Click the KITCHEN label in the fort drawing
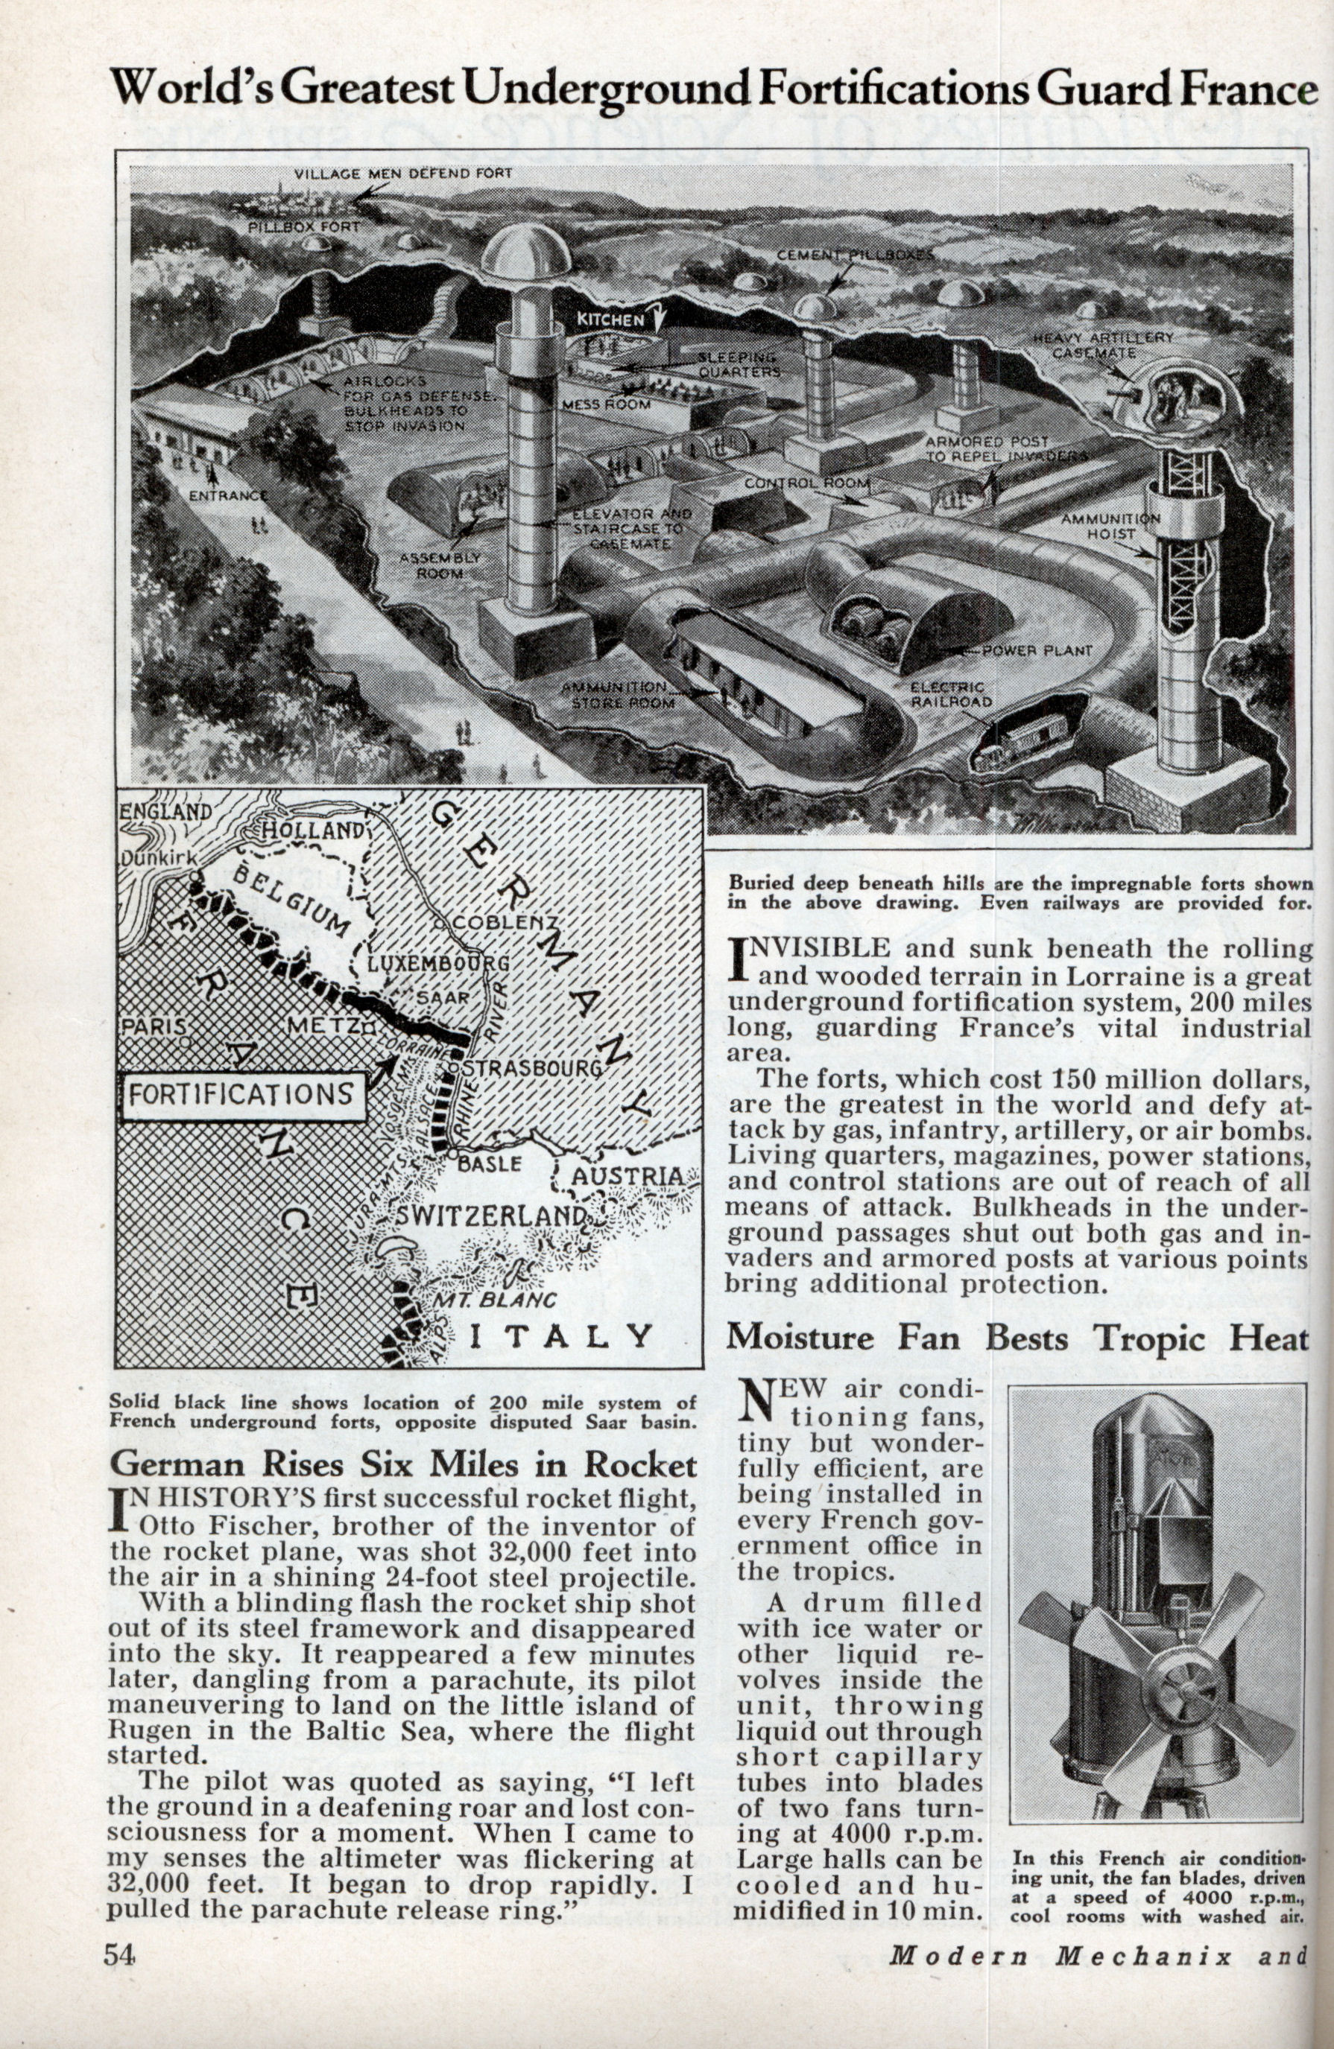click(x=610, y=320)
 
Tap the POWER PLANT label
click(x=1037, y=651)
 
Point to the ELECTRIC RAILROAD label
click(x=947, y=695)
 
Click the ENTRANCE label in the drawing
click(x=228, y=496)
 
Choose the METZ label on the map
click(x=323, y=1026)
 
